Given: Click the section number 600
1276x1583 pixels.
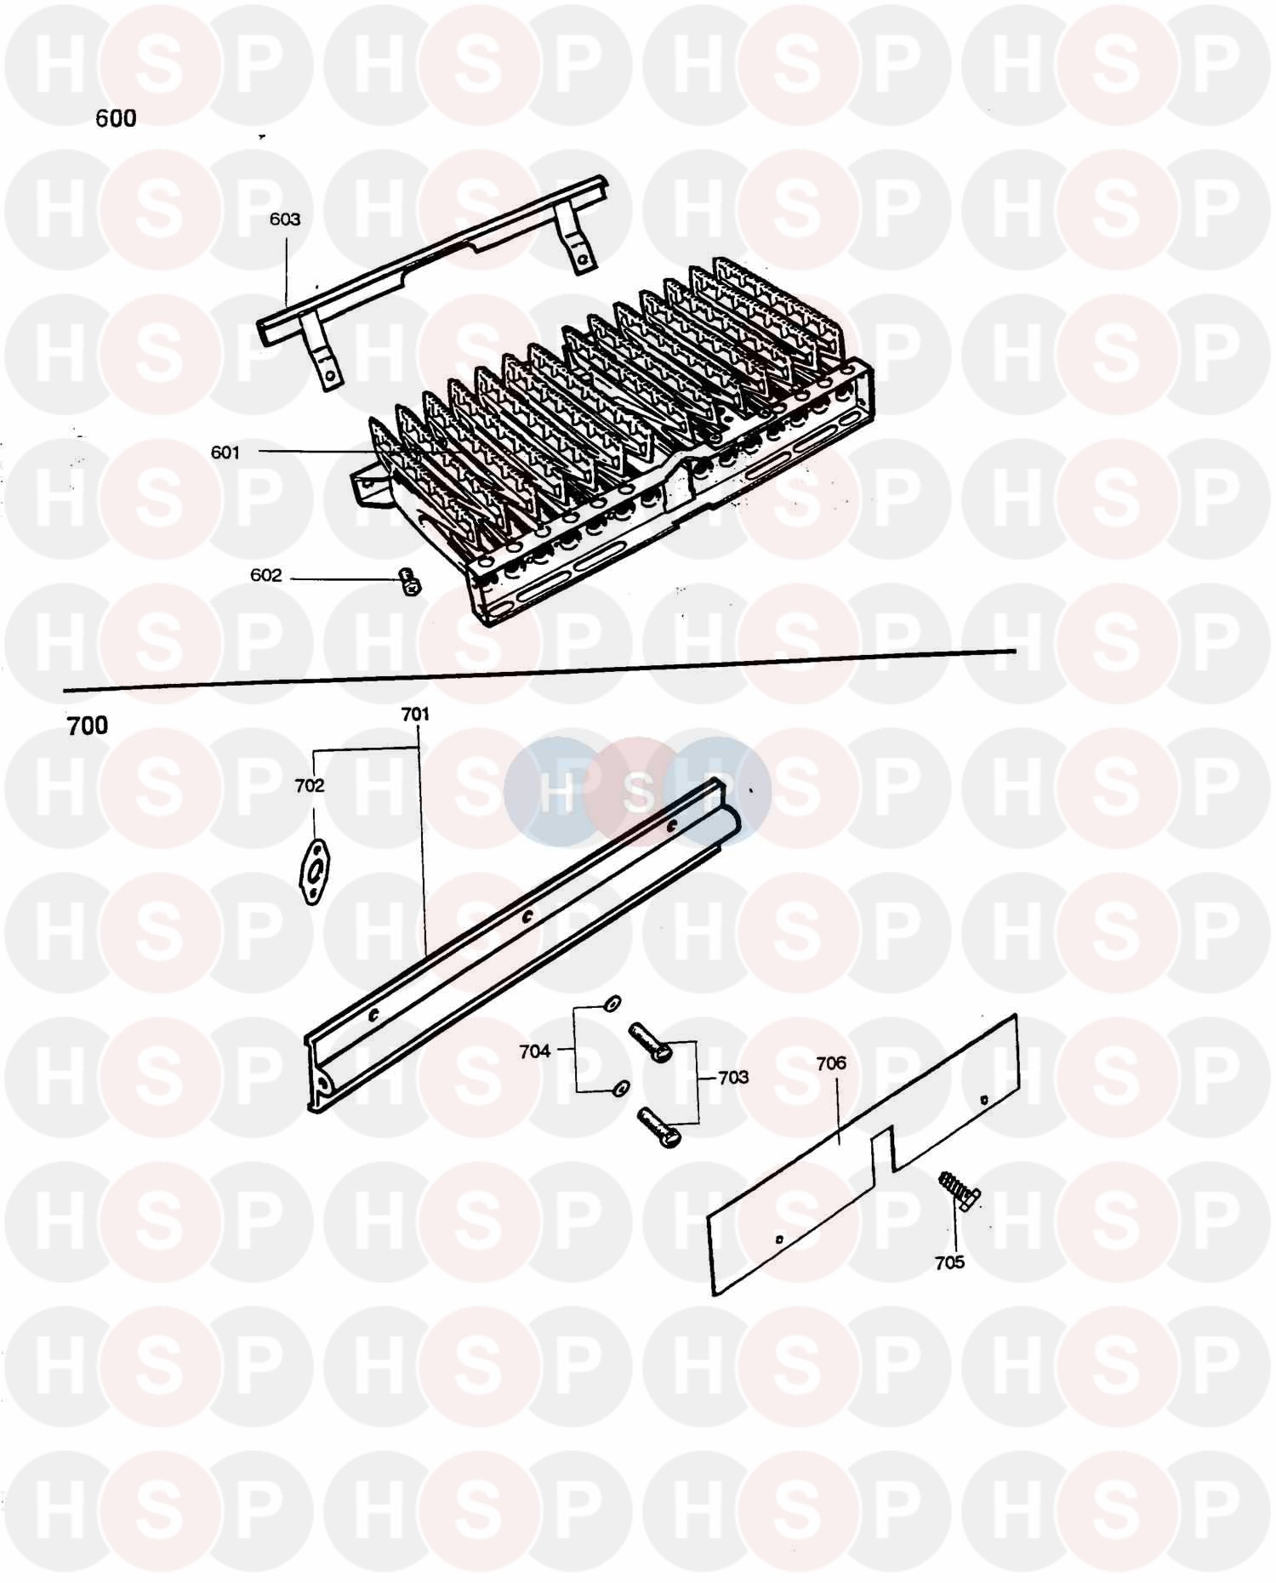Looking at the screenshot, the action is tap(116, 118).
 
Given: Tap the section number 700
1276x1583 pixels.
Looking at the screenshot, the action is tap(88, 726).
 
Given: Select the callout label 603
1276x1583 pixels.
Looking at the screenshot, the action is tap(285, 219).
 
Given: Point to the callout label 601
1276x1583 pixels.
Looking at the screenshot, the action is tap(225, 453).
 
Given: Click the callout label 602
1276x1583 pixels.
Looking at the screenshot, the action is tap(265, 576).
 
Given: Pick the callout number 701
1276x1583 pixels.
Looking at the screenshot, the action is tap(415, 715).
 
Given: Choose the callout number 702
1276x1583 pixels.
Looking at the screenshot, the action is tap(310, 786).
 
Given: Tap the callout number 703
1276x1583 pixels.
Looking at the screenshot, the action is tap(733, 1078).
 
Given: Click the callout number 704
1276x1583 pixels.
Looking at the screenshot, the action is tap(535, 1052).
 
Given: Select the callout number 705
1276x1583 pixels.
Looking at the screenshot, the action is tap(949, 1263).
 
